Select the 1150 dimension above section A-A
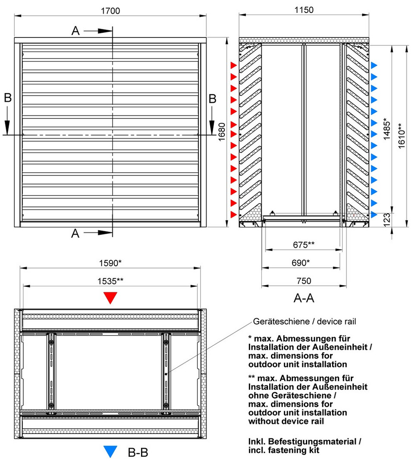pyautogui.click(x=304, y=10)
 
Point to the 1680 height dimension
pyautogui.click(x=222, y=133)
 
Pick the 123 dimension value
pyautogui.click(x=387, y=220)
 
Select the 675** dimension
pyautogui.click(x=304, y=245)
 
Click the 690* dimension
pyautogui.click(x=302, y=263)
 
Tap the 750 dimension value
pyautogui.click(x=304, y=281)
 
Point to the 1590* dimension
pyautogui.click(x=110, y=263)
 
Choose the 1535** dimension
pyautogui.click(x=110, y=281)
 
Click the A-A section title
pyautogui.click(x=304, y=298)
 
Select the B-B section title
pyautogui.click(x=138, y=452)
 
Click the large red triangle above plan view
pyautogui.click(x=111, y=298)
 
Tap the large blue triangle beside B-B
pyautogui.click(x=111, y=451)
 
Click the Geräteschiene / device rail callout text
pyautogui.click(x=305, y=321)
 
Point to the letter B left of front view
pyautogui.click(x=8, y=98)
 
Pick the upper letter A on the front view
pyautogui.click(x=75, y=31)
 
